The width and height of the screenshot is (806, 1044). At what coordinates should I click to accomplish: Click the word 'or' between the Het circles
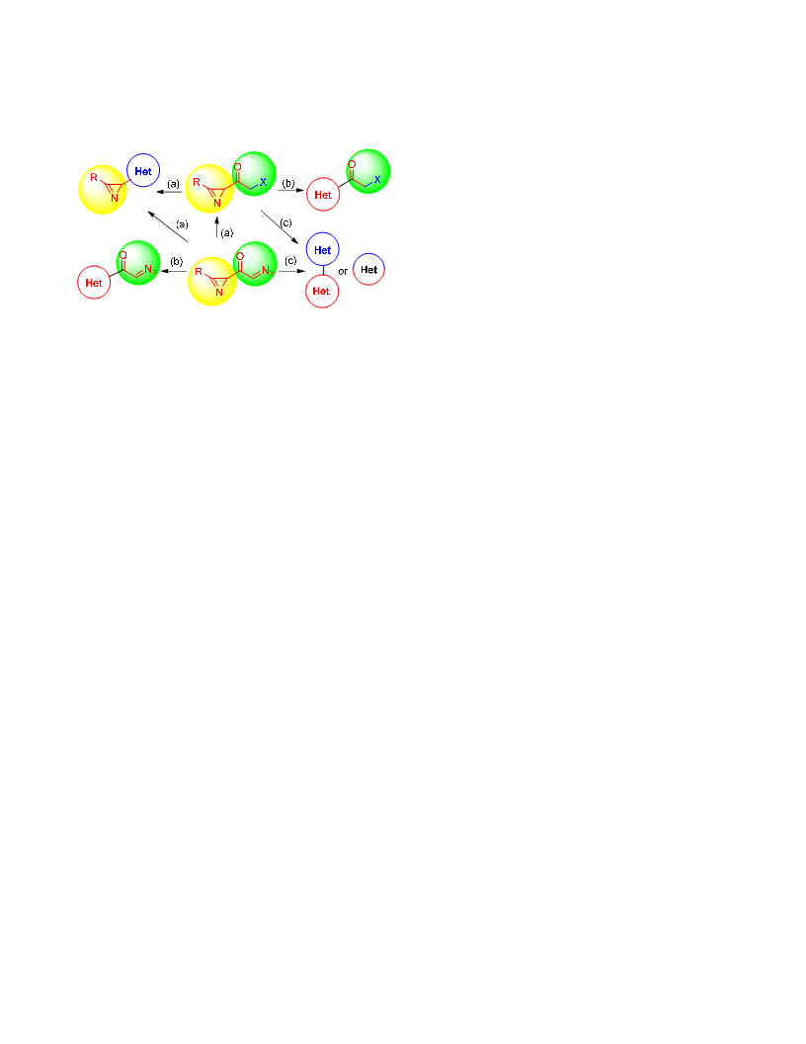tap(343, 271)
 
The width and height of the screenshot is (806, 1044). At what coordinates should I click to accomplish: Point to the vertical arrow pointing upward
tap(216, 227)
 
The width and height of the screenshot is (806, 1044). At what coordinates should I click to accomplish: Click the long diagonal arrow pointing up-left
tap(168, 226)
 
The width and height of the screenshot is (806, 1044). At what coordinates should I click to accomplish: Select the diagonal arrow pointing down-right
tap(280, 226)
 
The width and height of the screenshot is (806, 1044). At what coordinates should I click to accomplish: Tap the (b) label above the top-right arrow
tap(288, 183)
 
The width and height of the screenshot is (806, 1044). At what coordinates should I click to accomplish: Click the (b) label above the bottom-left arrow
tap(176, 262)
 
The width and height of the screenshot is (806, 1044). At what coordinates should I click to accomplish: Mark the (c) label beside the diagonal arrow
tap(286, 222)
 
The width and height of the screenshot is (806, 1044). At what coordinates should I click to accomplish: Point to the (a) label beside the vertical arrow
tap(227, 232)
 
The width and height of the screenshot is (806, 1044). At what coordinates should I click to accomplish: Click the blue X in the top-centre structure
tap(264, 182)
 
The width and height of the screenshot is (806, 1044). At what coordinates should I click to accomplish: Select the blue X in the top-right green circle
tap(377, 179)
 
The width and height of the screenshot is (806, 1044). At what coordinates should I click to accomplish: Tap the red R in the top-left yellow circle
tap(94, 178)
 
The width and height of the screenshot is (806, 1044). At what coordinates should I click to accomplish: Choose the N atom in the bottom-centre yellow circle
tap(219, 293)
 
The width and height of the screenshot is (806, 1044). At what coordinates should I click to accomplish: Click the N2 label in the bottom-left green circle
tap(150, 269)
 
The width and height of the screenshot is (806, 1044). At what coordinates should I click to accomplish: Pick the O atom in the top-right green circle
tap(352, 164)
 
